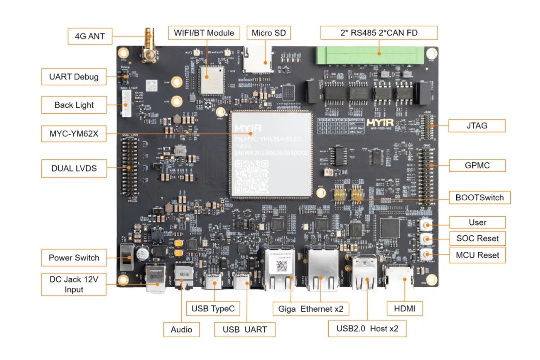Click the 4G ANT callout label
pyautogui.click(x=90, y=36)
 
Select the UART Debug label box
pyautogui.click(x=74, y=77)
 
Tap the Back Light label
pyautogui.click(x=74, y=105)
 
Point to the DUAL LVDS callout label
pyautogui.click(x=74, y=168)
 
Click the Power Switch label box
pyautogui.click(x=74, y=258)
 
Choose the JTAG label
pyautogui.click(x=476, y=125)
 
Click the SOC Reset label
pyautogui.click(x=477, y=238)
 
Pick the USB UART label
pyautogui.click(x=244, y=329)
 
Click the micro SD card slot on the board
pyautogui.click(x=258, y=59)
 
